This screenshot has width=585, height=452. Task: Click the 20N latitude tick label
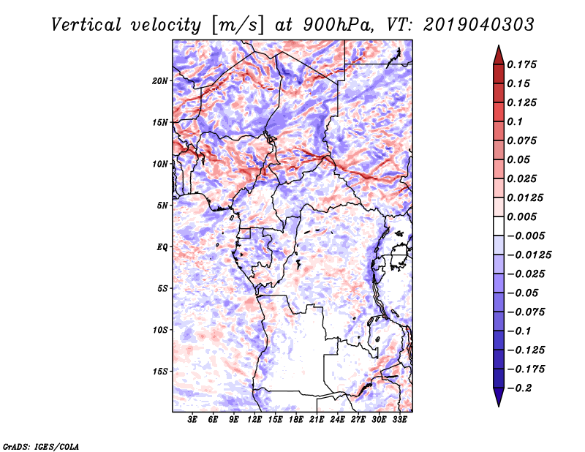click(x=160, y=81)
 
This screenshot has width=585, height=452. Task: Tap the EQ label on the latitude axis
click(x=162, y=247)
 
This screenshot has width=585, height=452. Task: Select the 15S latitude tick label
click(x=160, y=372)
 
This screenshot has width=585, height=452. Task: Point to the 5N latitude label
click(x=162, y=206)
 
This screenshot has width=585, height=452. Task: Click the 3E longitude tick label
click(x=192, y=419)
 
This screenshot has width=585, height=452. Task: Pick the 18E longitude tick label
click(x=296, y=419)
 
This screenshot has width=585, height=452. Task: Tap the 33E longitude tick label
click(x=399, y=419)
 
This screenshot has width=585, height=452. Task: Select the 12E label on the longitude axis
click(x=254, y=419)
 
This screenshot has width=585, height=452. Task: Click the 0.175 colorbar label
click(x=522, y=64)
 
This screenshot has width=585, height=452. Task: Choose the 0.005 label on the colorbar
click(x=522, y=216)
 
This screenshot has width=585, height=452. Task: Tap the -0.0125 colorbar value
click(x=529, y=255)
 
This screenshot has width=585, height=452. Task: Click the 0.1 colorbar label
click(x=515, y=121)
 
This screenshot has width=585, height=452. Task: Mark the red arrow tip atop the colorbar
click(x=499, y=45)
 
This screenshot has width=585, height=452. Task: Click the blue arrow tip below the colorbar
click(x=499, y=406)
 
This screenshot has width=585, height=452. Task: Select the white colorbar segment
click(x=499, y=226)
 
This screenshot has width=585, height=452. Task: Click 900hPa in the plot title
click(x=338, y=25)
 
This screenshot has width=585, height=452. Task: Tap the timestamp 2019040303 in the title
click(x=479, y=25)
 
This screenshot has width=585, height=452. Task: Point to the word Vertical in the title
click(x=86, y=25)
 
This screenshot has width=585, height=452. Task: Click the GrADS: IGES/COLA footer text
click(x=41, y=447)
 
